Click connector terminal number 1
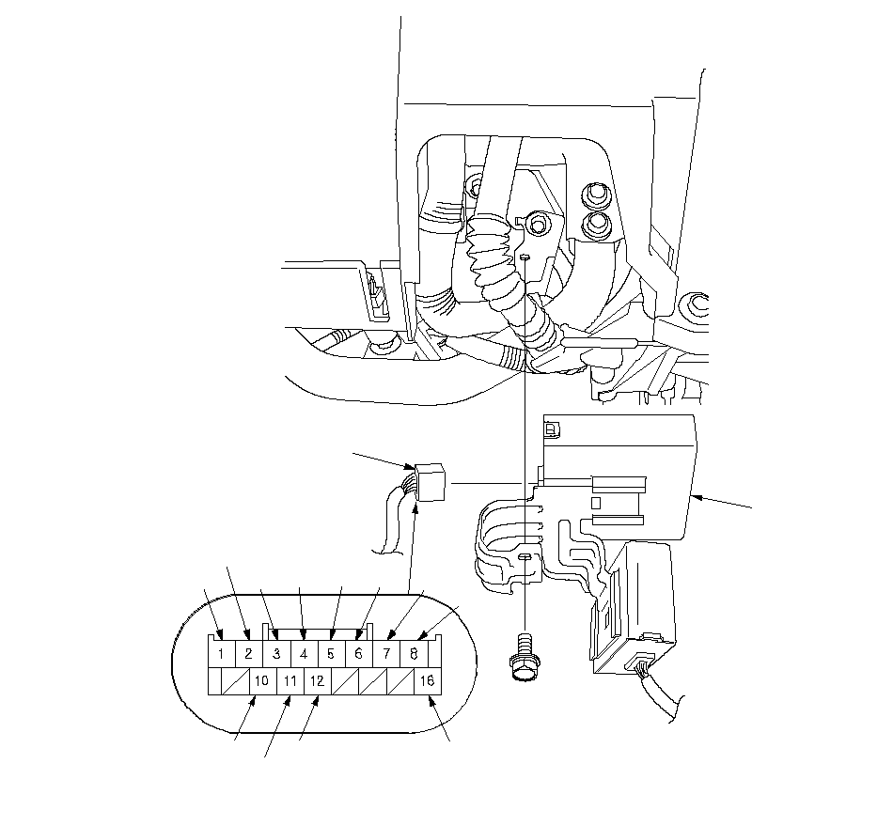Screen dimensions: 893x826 point(221,653)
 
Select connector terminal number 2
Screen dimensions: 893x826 point(248,653)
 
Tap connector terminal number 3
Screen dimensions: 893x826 point(276,653)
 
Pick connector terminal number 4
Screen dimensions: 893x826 point(304,653)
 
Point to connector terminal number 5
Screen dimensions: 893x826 point(331,653)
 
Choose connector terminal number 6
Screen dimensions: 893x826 point(358,653)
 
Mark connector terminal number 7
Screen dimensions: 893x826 point(386,653)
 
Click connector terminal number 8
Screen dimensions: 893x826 point(414,653)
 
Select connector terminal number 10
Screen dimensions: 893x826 point(262,681)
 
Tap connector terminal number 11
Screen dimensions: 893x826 point(290,681)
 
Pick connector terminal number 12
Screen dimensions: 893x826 point(317,681)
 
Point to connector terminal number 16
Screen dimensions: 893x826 point(427,681)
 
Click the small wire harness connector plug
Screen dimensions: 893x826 point(430,482)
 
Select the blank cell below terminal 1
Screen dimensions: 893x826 point(214,681)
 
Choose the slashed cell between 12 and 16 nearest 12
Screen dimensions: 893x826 point(345,681)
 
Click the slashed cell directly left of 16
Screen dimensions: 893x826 point(400,681)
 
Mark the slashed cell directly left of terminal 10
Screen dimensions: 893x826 point(236,681)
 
